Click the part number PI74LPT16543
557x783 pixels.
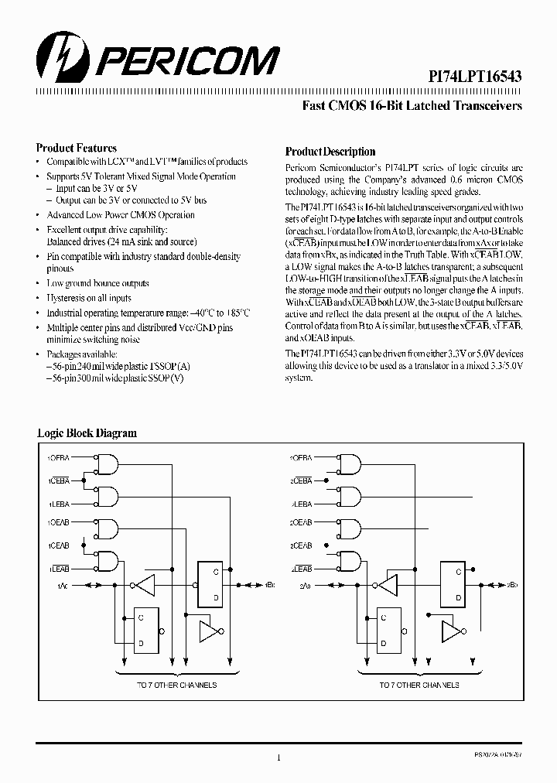[476, 76]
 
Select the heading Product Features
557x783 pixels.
[77, 148]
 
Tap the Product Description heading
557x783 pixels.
[330, 152]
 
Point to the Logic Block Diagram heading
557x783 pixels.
[87, 433]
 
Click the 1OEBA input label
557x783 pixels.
[59, 459]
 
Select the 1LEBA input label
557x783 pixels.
[59, 502]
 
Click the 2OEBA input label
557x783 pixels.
[301, 459]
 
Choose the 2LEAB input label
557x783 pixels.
[301, 567]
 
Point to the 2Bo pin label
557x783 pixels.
[512, 585]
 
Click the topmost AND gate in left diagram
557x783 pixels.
[108, 463]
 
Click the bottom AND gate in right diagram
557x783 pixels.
[350, 561]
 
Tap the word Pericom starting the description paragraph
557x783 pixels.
[300, 168]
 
